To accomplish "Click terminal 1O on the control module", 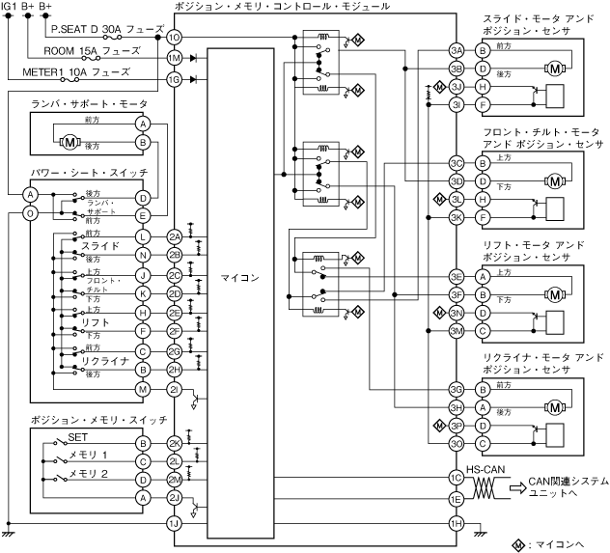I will tap(175, 37).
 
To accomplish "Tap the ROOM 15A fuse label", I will tap(82, 51).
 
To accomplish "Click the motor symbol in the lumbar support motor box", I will tap(69, 142).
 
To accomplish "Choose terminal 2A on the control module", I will tap(175, 236).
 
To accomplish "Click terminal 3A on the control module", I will tap(457, 50).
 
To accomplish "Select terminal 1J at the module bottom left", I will tap(175, 523).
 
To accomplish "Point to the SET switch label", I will tap(78, 436).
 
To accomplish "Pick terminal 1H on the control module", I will tap(457, 522).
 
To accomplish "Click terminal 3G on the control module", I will tap(457, 390).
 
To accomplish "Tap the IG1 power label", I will tap(10, 7).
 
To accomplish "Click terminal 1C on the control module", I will tap(457, 477).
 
